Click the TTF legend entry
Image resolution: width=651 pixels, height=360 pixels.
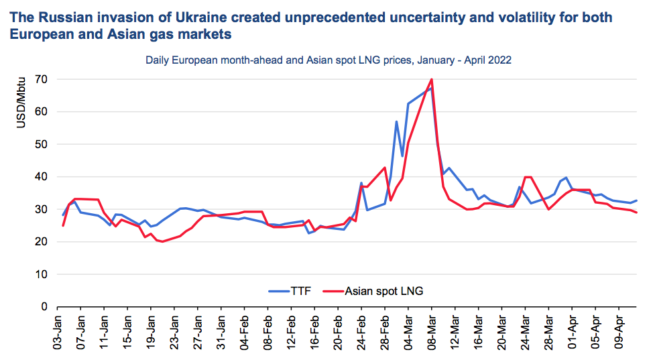299,291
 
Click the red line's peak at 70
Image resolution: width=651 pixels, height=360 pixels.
431,80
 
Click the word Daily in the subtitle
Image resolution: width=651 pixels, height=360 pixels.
158,60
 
